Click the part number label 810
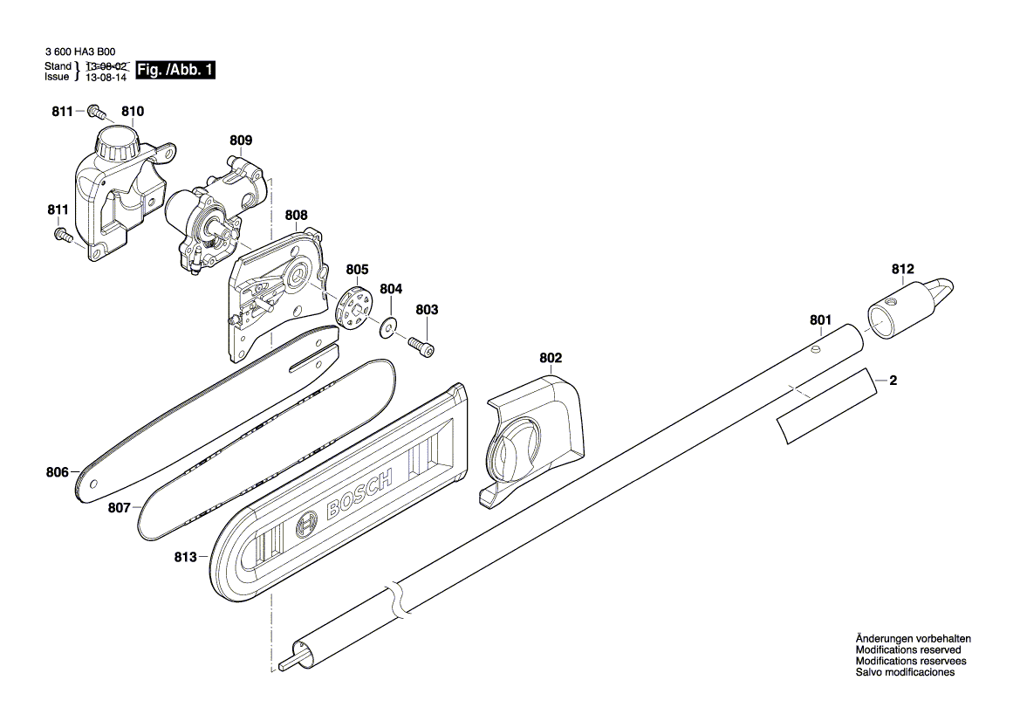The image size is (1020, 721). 133,112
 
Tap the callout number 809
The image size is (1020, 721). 241,140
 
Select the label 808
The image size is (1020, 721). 296,214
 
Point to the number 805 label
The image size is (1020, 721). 358,270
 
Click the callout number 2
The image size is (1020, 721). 893,381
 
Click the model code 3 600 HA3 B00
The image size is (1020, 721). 79,52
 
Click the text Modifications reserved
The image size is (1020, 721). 907,650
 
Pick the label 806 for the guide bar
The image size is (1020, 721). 58,472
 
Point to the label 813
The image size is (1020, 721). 185,556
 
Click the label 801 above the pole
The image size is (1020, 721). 820,320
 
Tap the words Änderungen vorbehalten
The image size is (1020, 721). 913,639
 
